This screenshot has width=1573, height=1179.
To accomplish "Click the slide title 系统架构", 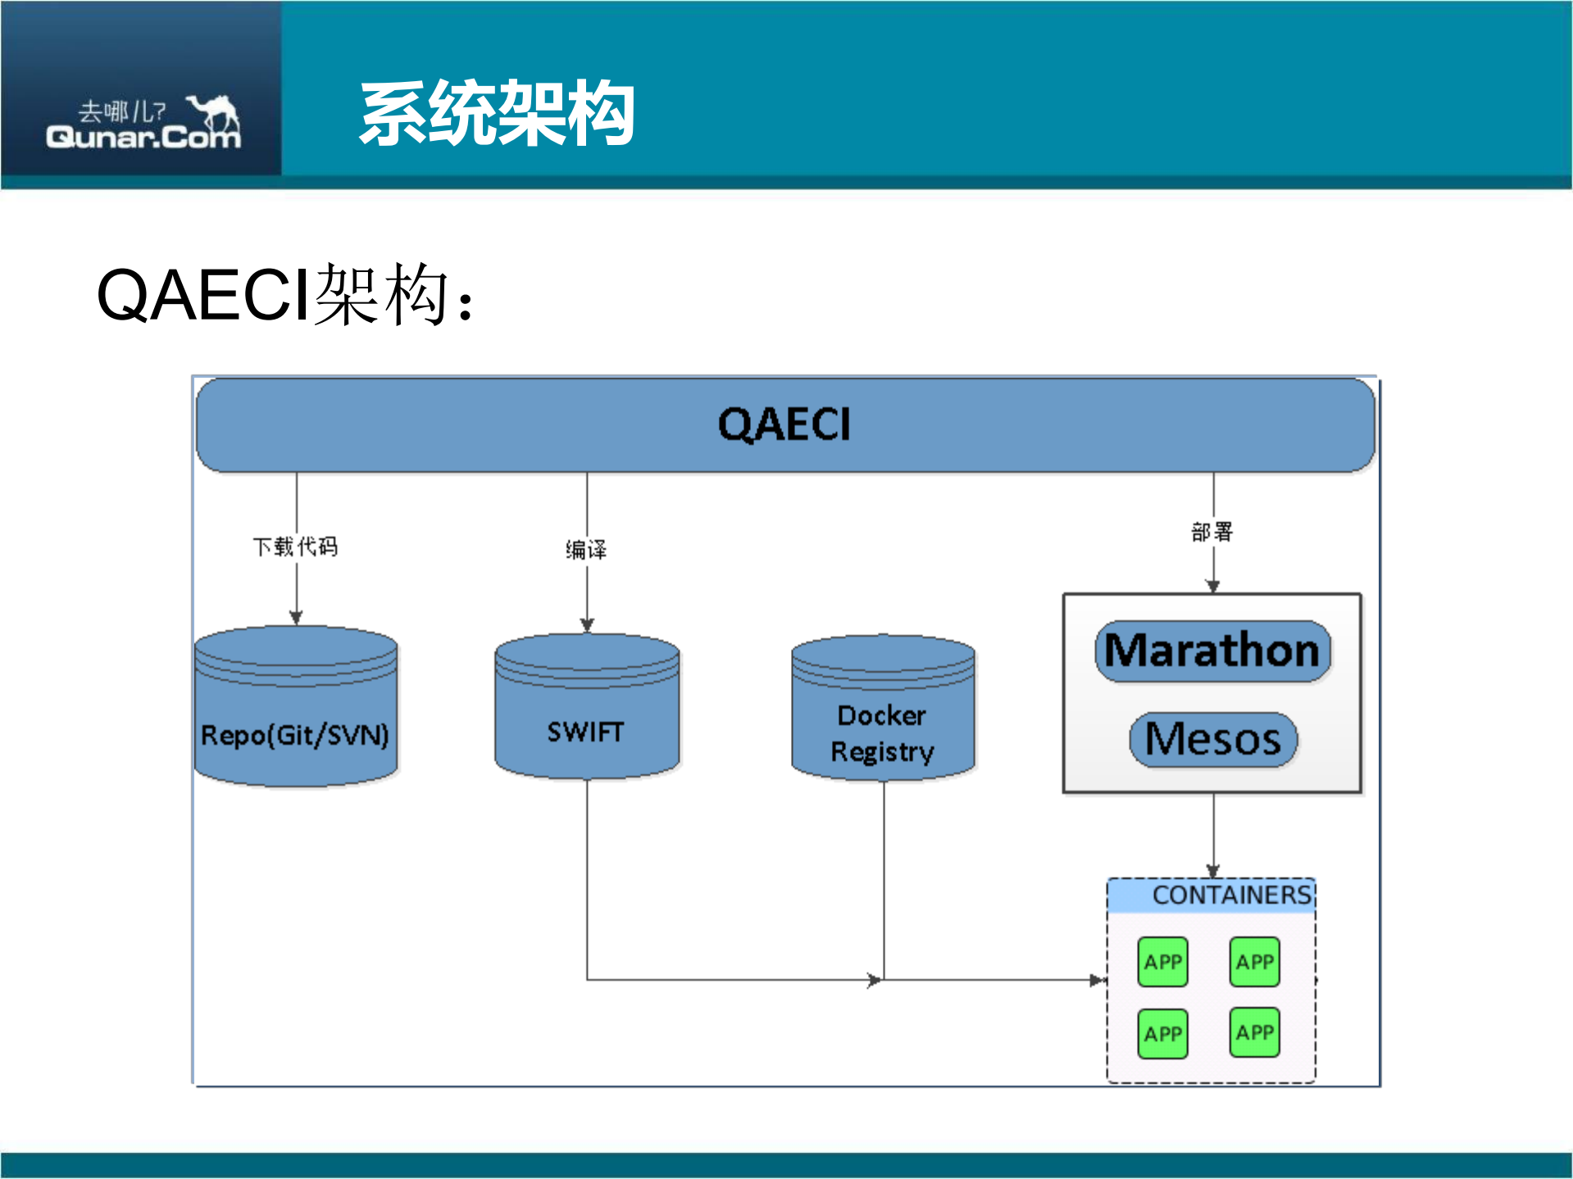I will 497,113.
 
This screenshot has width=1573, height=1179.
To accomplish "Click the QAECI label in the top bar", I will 784,424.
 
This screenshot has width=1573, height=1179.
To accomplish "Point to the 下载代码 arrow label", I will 295,546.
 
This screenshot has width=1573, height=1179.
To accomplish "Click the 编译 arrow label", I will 586,549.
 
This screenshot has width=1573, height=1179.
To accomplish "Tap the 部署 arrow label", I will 1212,532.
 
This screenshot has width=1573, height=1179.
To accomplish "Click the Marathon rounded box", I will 1212,651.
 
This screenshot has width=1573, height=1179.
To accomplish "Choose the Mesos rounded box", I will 1212,739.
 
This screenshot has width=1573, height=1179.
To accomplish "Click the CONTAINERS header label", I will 1231,895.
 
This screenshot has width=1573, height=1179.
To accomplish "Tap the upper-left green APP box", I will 1162,962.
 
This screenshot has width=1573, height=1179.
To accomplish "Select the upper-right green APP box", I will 1254,962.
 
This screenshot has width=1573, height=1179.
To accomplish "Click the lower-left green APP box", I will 1162,1033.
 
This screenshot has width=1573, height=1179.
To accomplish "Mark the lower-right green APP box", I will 1254,1032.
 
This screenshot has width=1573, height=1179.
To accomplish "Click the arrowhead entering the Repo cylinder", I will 296,618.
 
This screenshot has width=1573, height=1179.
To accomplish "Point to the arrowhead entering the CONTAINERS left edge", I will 1098,980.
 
